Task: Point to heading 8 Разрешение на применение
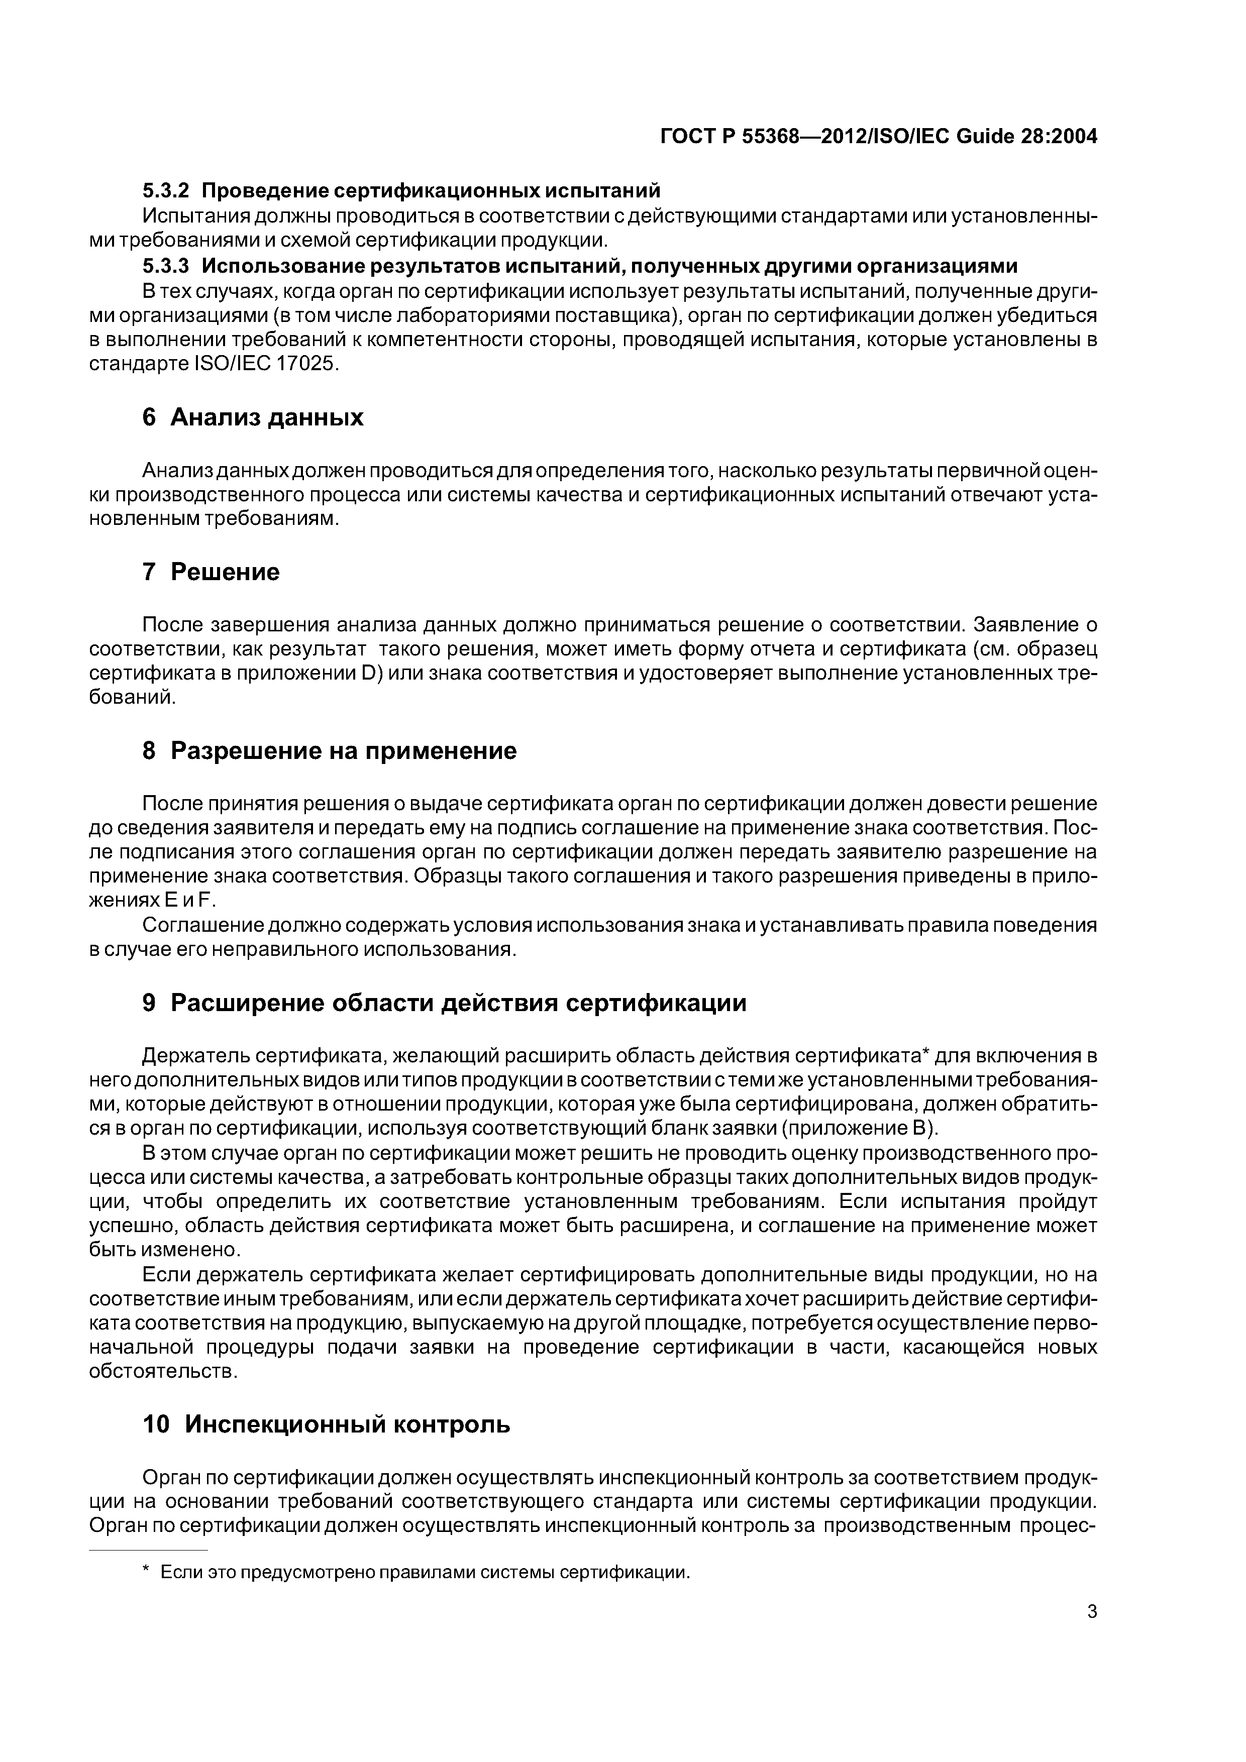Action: click(330, 750)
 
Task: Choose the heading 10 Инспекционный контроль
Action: click(326, 1424)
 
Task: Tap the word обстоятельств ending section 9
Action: click(163, 1371)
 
